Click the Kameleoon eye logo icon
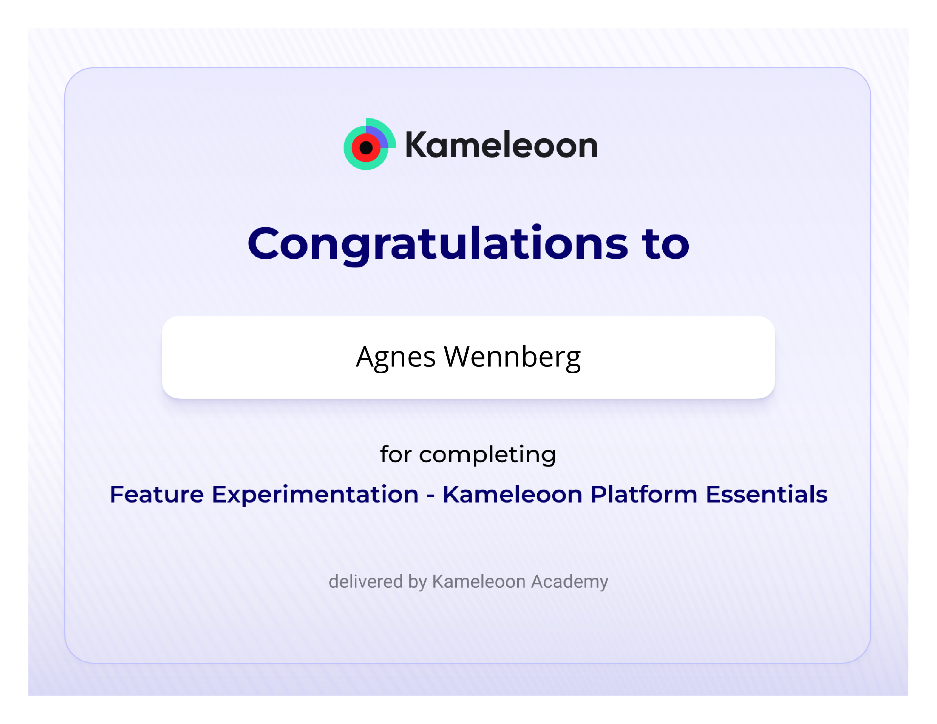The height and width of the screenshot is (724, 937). pos(369,144)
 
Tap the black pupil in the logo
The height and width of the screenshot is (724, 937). pos(366,148)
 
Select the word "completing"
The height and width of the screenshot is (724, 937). pos(487,455)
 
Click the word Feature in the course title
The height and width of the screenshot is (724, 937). pos(157,494)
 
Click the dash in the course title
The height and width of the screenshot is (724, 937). pos(431,497)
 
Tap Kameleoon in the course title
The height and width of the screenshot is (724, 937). pos(512,494)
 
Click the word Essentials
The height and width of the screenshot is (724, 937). pos(767,494)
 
